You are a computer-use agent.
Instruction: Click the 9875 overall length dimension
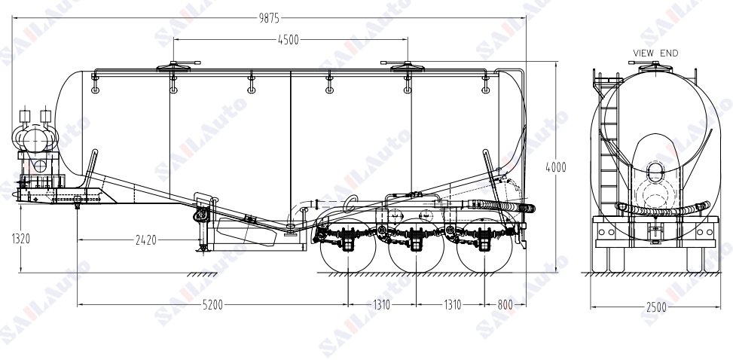[269, 18]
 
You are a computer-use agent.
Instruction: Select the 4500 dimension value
[289, 40]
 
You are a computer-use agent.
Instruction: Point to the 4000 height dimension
[556, 167]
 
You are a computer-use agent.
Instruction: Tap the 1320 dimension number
[21, 239]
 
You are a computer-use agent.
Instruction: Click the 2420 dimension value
[146, 240]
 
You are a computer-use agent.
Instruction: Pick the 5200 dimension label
[212, 305]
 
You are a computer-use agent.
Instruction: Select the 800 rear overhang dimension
[505, 305]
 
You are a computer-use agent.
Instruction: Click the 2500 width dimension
[657, 307]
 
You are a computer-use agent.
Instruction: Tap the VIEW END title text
[655, 53]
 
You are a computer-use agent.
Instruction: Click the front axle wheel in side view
[348, 245]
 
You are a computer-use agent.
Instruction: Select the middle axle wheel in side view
[416, 245]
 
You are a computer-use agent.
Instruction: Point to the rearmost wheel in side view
[484, 245]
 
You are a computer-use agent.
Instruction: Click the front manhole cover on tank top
[173, 67]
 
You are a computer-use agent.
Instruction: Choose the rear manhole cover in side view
[407, 67]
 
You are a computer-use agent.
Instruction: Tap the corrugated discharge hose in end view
[663, 209]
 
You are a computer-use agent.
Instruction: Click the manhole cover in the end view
[655, 66]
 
